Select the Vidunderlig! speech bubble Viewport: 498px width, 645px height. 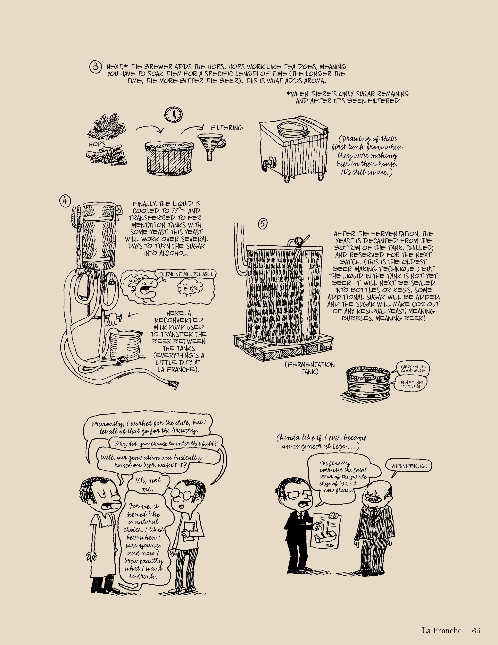(409, 466)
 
